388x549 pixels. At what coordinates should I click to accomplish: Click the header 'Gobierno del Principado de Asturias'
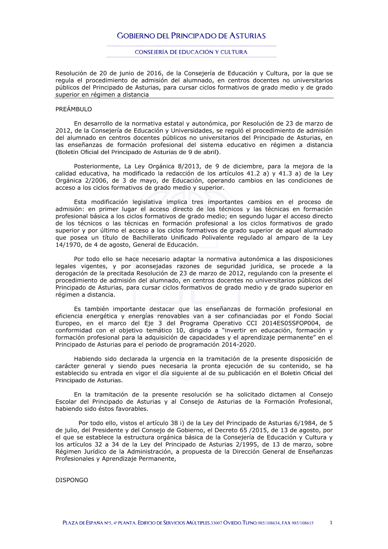(x=191, y=36)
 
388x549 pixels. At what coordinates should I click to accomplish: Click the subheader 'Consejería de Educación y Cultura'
(x=191, y=52)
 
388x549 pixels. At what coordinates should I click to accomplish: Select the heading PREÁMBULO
(x=74, y=109)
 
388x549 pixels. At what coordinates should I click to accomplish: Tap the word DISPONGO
(x=72, y=480)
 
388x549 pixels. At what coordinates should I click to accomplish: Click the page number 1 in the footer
(x=331, y=523)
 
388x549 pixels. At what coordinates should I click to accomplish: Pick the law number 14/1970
(x=68, y=245)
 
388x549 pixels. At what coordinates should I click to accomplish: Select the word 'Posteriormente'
(x=97, y=166)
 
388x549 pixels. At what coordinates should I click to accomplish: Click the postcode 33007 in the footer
(x=216, y=523)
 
